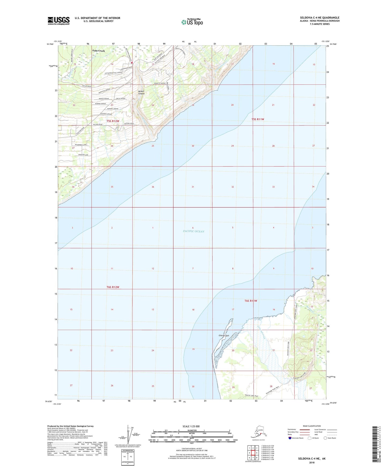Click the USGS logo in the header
click(x=58, y=21)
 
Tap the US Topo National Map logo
click(x=192, y=22)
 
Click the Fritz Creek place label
click(x=99, y=51)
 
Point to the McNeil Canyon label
click(x=141, y=92)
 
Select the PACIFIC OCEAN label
click(x=193, y=231)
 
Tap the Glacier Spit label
click(x=224, y=336)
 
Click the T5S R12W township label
click(x=113, y=121)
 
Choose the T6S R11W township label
click(x=251, y=301)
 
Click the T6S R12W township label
click(x=113, y=287)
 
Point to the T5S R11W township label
click(x=258, y=119)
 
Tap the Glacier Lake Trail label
click(x=251, y=396)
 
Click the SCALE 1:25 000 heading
click(x=191, y=426)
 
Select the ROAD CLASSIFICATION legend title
click(x=312, y=426)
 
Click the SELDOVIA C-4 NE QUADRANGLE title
click(x=320, y=18)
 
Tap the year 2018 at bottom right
click(x=312, y=462)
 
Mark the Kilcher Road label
click(x=97, y=124)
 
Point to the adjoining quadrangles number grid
click(x=253, y=453)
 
